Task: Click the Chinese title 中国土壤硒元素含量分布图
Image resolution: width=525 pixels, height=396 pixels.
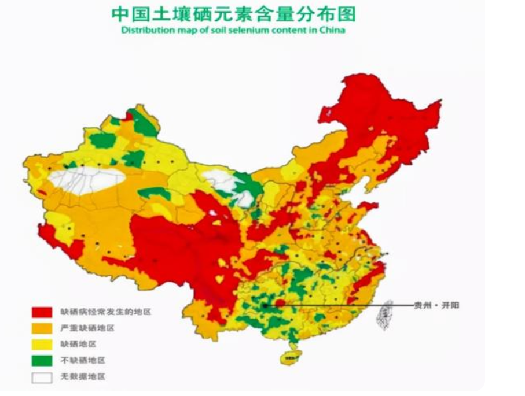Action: coord(233,13)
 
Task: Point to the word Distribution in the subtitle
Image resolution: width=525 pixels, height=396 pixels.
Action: coord(143,30)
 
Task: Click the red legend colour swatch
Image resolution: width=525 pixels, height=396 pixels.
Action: coord(42,312)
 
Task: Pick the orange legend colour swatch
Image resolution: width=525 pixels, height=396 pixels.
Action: coord(42,328)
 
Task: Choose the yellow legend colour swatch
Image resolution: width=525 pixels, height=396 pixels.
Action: coord(42,345)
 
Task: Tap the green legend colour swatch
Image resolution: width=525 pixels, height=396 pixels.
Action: coord(42,361)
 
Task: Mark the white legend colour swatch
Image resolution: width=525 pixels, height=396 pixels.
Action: coord(42,377)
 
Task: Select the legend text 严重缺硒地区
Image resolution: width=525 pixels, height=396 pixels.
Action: coord(87,328)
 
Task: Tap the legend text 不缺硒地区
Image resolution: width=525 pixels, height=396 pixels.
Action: coord(83,361)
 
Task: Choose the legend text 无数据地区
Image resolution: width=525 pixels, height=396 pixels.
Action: coord(83,377)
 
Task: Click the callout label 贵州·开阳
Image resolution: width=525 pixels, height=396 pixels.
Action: coord(436,305)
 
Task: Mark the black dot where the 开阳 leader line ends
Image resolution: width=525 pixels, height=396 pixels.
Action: coord(265,305)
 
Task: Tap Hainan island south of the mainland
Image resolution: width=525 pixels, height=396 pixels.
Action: coord(291,356)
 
